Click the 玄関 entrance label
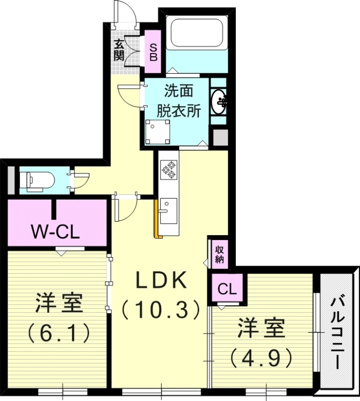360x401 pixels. (119, 50)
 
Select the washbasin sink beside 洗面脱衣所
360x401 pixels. (219, 102)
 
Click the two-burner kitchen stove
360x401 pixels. (168, 169)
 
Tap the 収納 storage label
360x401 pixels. (219, 254)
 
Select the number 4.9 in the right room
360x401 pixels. (260, 356)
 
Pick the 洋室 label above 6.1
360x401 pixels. (59, 303)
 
